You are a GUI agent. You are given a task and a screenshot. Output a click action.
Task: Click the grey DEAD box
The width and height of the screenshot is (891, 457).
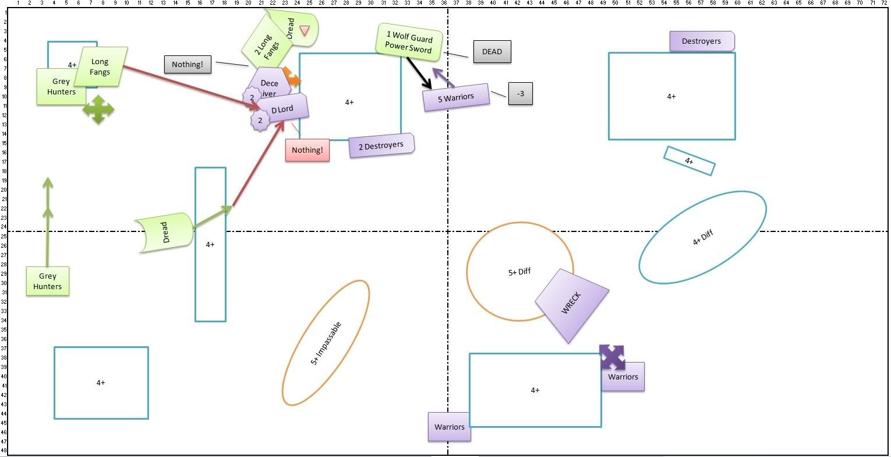click(x=492, y=51)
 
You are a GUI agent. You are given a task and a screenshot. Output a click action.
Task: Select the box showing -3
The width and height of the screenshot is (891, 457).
click(x=520, y=94)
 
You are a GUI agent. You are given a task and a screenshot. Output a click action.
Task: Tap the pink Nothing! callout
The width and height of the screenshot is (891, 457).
click(x=307, y=150)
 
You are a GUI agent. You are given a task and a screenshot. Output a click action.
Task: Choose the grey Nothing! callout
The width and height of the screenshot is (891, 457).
click(x=188, y=64)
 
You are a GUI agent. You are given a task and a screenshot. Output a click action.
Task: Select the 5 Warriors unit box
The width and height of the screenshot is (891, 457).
click(x=456, y=97)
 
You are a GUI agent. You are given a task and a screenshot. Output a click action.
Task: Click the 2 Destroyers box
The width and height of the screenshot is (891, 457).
click(x=381, y=145)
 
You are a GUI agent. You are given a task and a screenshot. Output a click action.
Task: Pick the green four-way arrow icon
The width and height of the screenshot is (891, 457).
click(x=98, y=109)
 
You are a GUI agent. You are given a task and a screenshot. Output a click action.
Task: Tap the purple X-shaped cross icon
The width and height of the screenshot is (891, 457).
click(x=612, y=357)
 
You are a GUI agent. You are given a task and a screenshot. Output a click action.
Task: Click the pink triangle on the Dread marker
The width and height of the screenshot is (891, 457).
click(x=304, y=30)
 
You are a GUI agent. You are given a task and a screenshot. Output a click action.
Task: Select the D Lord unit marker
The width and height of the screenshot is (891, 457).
click(x=282, y=109)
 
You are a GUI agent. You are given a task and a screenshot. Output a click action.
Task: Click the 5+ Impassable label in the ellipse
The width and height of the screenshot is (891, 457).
click(x=326, y=343)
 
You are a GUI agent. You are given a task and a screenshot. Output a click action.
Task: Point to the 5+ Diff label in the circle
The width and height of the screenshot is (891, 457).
click(x=519, y=272)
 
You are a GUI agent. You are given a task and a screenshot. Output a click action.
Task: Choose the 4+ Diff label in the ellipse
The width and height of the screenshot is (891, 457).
click(x=702, y=237)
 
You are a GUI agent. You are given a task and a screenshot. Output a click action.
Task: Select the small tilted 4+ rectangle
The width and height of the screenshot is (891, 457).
click(x=689, y=161)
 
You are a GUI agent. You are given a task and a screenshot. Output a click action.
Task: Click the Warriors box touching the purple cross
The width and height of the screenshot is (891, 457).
click(x=623, y=377)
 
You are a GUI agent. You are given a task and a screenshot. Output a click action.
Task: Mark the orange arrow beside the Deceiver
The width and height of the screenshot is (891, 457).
click(x=291, y=78)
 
